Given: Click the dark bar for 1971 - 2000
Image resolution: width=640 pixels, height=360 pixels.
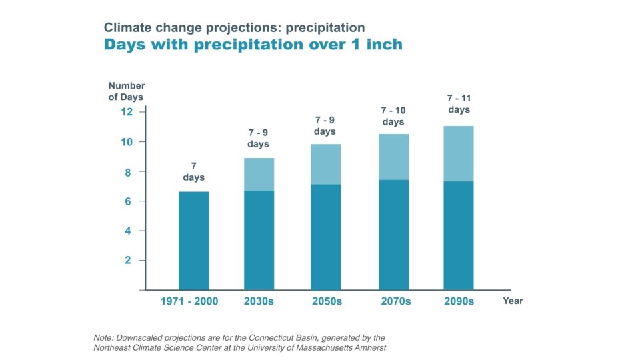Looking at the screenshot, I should click(193, 241).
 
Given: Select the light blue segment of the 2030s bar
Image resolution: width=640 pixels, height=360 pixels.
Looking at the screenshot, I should click(259, 174).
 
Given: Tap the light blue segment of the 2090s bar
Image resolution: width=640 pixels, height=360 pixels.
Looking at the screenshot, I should click(459, 153).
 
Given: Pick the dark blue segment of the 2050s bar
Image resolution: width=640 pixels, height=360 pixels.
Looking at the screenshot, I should click(326, 237).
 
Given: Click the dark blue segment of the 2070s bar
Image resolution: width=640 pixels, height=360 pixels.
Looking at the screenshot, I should click(393, 235).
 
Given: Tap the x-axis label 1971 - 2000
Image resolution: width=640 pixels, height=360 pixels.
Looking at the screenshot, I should click(189, 301).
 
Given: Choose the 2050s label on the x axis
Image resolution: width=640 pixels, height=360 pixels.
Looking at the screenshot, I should click(327, 301).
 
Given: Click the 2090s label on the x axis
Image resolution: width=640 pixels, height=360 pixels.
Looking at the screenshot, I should click(459, 301).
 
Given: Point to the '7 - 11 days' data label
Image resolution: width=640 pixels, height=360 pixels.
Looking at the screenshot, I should click(459, 104).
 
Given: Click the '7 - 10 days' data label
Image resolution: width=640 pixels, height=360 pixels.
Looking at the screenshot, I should click(393, 116).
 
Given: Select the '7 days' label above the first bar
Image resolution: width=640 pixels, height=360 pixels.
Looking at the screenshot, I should click(193, 171).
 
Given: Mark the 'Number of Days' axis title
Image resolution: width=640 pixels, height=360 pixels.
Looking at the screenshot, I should click(126, 91).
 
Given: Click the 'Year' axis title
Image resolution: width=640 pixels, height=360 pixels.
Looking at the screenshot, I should click(513, 301).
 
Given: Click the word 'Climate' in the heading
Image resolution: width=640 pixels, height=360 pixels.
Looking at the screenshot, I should click(124, 28).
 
